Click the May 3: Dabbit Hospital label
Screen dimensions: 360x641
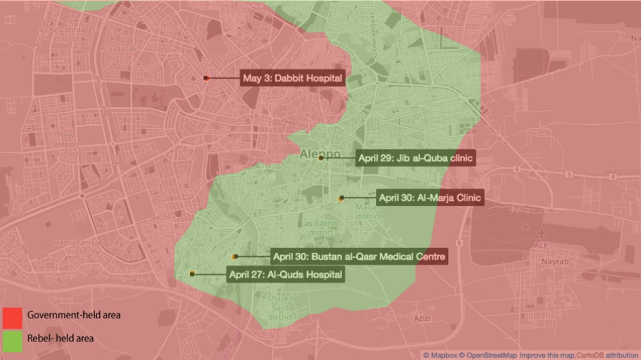[x=293, y=79]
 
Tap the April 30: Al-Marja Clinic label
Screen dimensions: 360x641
[x=429, y=197]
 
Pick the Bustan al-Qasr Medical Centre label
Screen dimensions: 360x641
[x=358, y=257]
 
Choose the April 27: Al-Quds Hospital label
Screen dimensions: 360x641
[x=285, y=274]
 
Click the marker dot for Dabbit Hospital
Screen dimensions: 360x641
[x=206, y=78]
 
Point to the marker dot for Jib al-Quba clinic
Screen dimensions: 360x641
[x=321, y=158]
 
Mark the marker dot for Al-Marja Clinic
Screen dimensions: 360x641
[x=341, y=198]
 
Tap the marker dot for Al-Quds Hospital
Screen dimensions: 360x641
[x=192, y=274]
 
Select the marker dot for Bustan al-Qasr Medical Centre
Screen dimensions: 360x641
[x=235, y=257]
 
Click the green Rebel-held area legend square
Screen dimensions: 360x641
[x=12, y=340]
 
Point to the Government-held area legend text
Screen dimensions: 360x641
[x=74, y=315]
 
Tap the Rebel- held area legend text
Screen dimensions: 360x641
[x=60, y=338]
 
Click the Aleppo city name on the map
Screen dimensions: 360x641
[x=320, y=153]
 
